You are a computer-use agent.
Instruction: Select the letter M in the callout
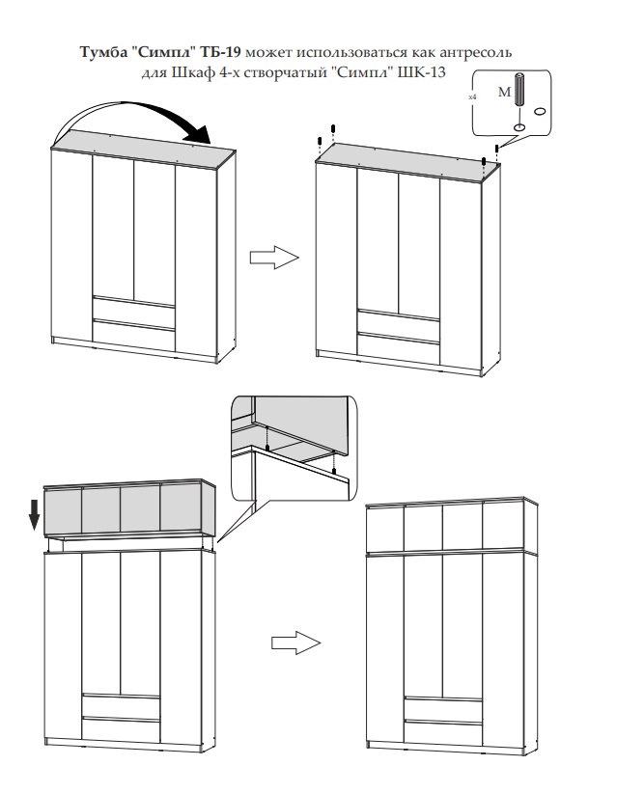pos(501,93)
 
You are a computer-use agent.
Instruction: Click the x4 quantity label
pos(472,97)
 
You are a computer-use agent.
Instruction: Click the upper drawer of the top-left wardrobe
pos(134,309)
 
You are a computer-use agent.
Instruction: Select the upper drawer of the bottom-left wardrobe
pos(121,705)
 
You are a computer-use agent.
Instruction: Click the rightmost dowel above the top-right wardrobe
pos(496,150)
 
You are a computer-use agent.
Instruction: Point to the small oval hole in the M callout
pos(540,111)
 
